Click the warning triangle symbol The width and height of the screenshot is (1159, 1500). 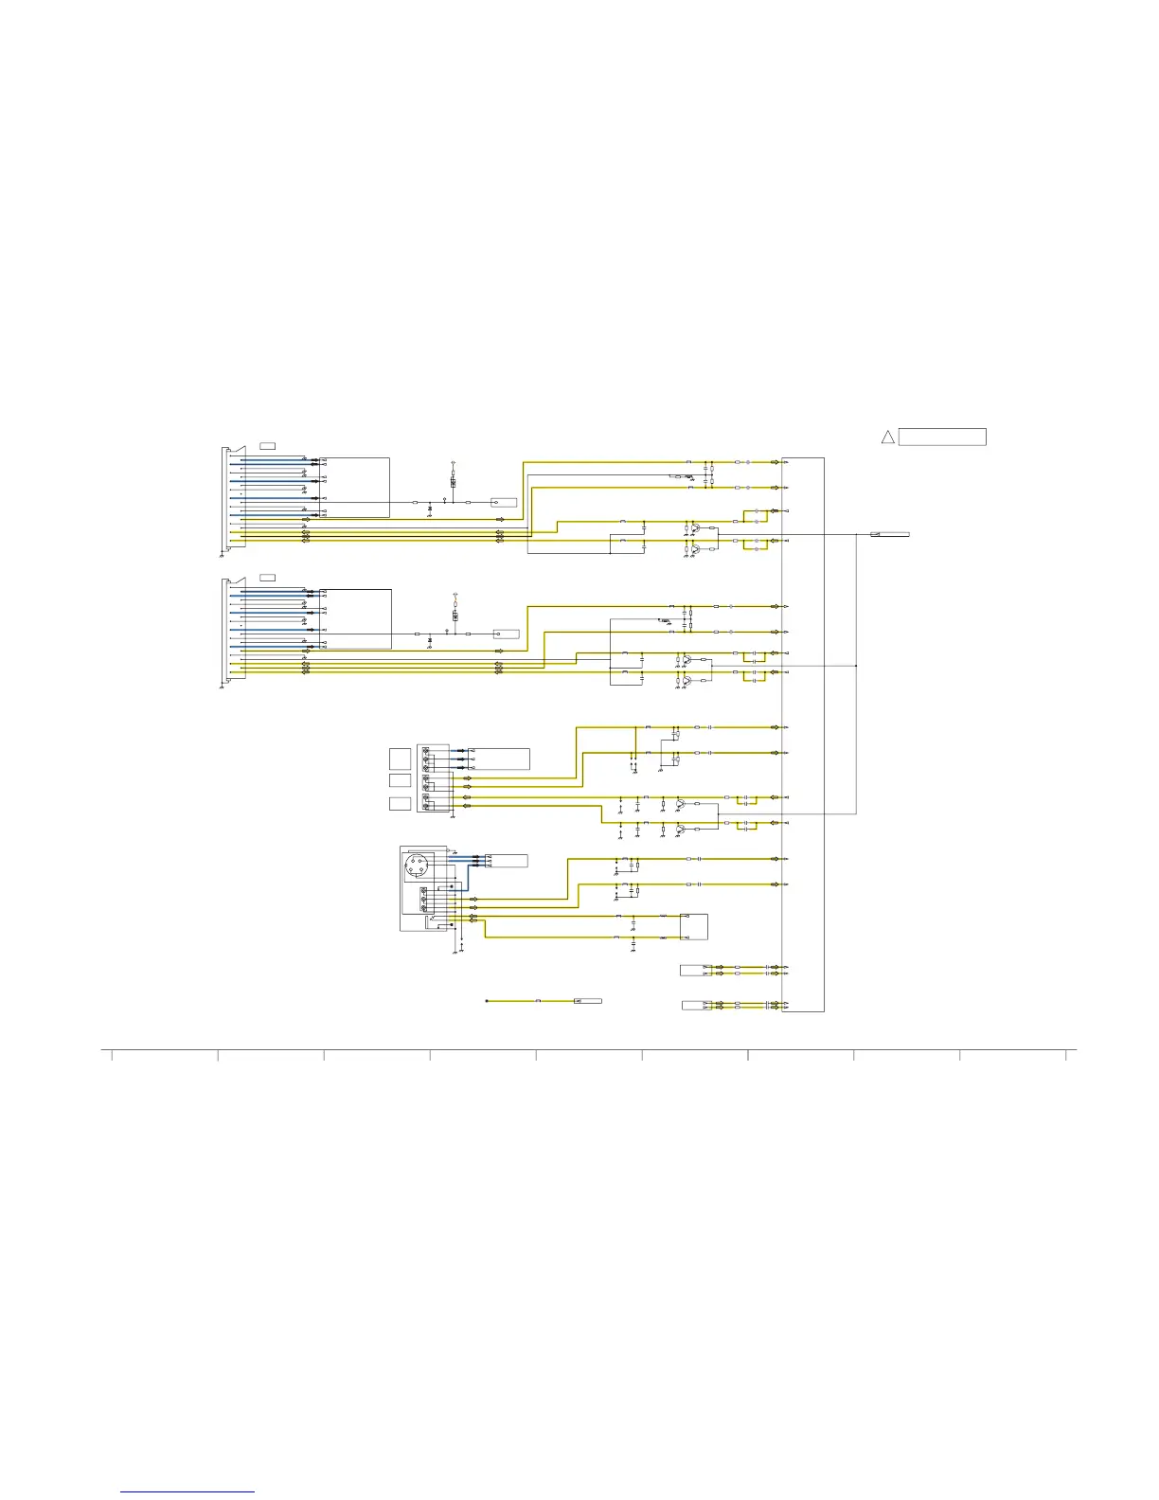point(887,437)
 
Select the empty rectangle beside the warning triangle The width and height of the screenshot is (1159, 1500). point(942,437)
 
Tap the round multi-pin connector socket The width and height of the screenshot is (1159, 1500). point(418,866)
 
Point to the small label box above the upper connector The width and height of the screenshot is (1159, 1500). point(268,445)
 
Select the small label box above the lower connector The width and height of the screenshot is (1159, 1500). point(268,577)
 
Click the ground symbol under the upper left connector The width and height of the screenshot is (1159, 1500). point(222,556)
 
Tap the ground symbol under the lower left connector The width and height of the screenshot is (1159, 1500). point(222,687)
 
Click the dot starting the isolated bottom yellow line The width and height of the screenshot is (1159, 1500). point(487,1001)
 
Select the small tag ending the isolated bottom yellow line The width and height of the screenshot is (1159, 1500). point(588,1001)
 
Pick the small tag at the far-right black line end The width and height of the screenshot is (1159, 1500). point(890,535)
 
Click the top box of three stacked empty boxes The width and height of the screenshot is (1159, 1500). point(400,758)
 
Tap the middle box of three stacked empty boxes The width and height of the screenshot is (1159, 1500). point(400,780)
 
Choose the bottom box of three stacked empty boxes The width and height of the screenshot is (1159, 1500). point(400,804)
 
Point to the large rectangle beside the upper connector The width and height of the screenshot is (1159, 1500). point(355,487)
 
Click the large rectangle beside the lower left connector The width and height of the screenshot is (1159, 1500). point(356,618)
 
